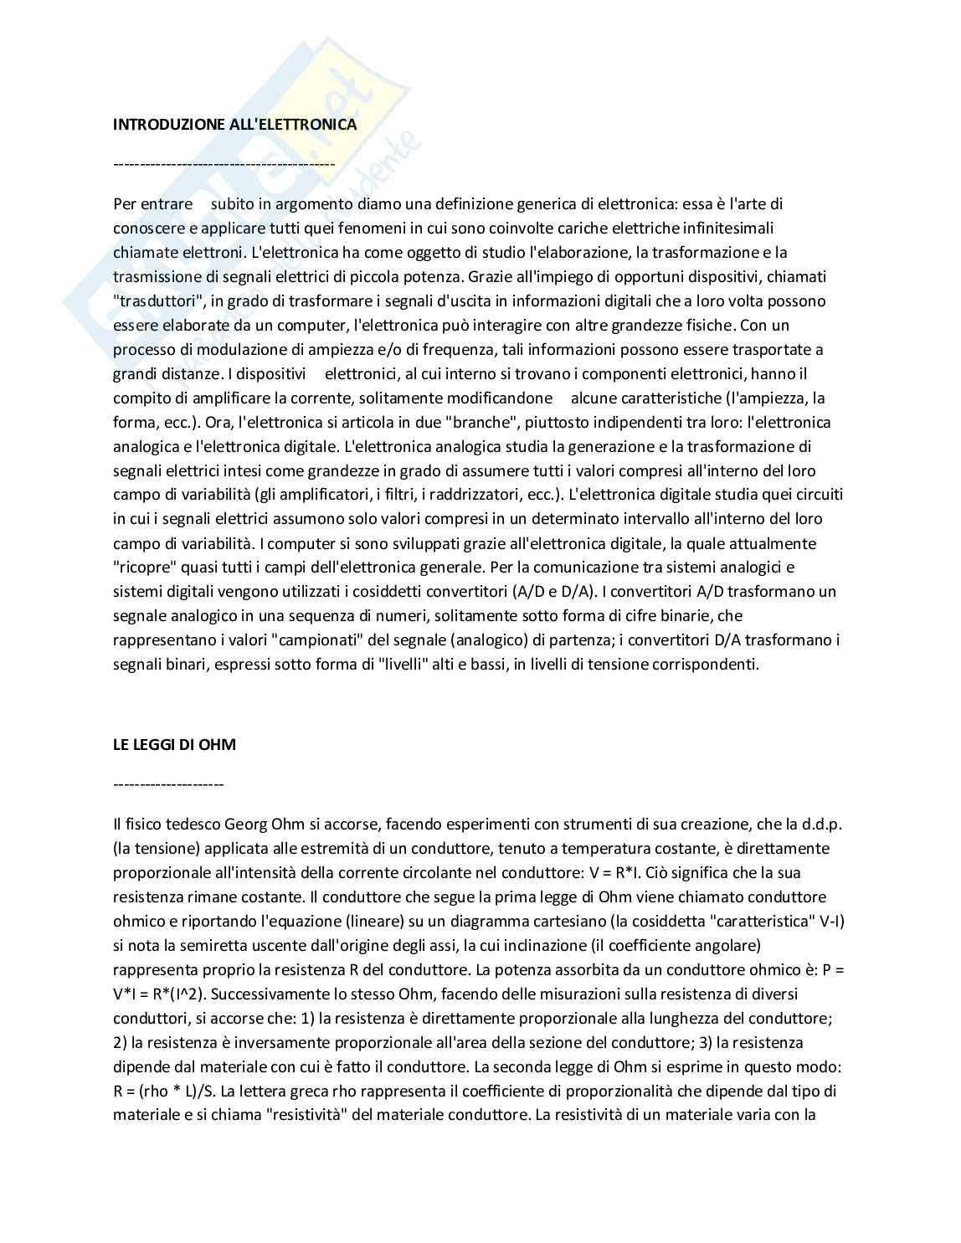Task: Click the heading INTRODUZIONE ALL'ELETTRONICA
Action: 235,125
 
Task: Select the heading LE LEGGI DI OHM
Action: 174,744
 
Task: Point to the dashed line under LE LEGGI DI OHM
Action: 168,784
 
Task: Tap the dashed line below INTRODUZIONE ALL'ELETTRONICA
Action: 224,164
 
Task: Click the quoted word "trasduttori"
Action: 152,301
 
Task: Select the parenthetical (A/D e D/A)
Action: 552,593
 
